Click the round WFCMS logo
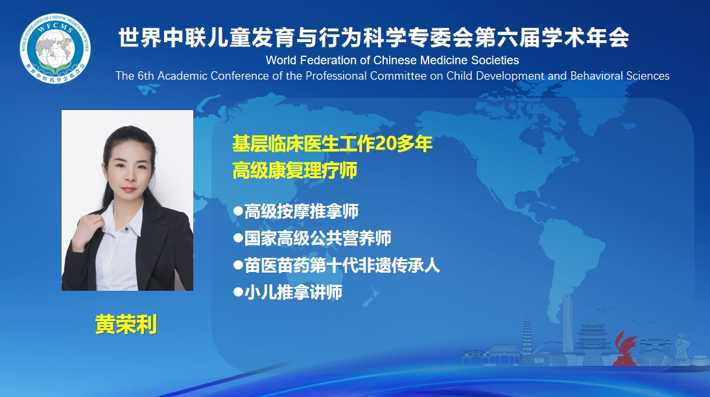55,49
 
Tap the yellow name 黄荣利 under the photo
126,324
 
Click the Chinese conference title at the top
374,37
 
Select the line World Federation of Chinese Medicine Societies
392,60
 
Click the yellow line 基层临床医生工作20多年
333,144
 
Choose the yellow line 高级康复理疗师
295,170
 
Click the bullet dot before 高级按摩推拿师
238,210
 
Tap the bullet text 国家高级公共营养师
318,238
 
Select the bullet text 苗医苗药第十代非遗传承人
342,266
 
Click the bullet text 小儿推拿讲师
294,293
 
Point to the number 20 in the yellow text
386,144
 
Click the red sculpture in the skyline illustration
625,348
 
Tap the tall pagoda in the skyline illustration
527,336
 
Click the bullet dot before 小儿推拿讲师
238,292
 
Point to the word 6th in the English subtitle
146,76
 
